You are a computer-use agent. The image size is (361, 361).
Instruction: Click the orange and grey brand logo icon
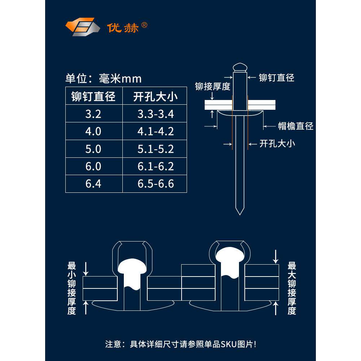click(x=82, y=27)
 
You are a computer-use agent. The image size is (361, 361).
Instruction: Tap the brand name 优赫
click(x=123, y=28)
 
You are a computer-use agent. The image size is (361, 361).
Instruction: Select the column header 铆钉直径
click(x=93, y=96)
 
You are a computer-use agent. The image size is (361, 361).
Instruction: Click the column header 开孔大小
click(x=156, y=96)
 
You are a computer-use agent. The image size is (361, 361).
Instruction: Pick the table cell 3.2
click(x=93, y=114)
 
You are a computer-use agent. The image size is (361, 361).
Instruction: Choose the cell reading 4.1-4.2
click(x=156, y=131)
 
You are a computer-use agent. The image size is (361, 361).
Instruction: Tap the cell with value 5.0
click(x=93, y=149)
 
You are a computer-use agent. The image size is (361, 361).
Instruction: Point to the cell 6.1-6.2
click(x=156, y=166)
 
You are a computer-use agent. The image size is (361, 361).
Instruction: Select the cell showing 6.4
click(x=93, y=184)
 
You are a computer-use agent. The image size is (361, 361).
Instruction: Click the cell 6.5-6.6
click(x=156, y=184)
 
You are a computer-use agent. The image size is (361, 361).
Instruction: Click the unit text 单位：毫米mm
click(x=103, y=78)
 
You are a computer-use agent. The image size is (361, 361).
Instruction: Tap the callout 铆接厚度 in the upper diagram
click(x=213, y=87)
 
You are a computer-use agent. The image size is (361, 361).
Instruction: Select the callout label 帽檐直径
click(x=295, y=126)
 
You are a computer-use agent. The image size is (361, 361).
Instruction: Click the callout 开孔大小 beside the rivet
click(x=277, y=144)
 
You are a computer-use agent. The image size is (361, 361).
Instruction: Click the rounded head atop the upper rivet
click(x=240, y=67)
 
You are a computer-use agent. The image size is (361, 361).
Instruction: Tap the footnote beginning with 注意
click(x=180, y=344)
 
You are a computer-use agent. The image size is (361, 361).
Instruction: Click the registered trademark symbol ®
click(x=144, y=25)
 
